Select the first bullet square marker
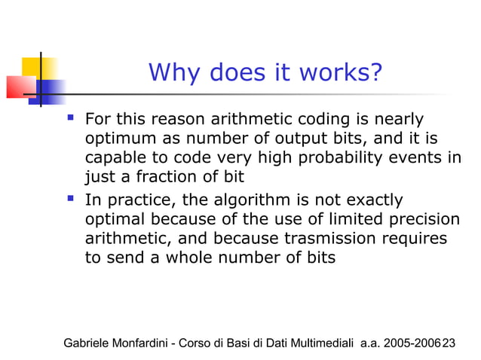click(71, 118)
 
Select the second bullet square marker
click(71, 200)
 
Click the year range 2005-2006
click(412, 343)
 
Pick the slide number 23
click(449, 343)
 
